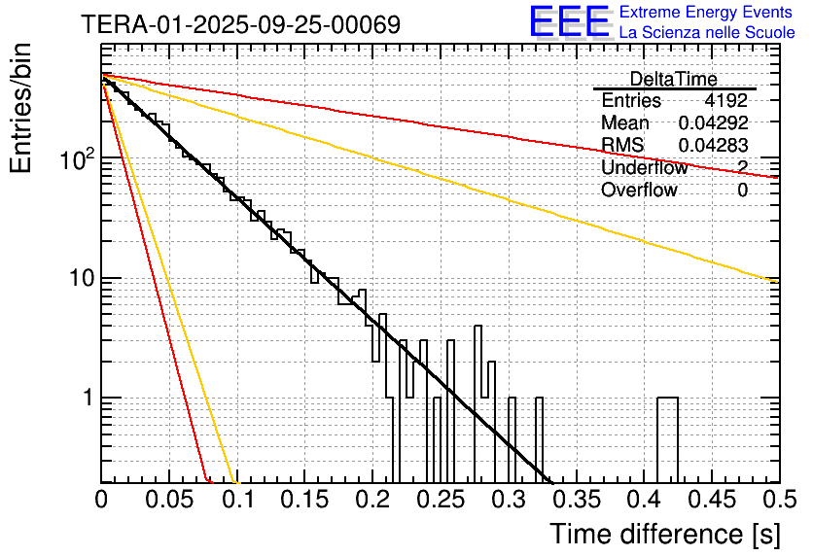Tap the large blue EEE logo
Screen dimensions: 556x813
pos(569,23)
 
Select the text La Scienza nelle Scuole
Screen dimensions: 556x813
pos(707,33)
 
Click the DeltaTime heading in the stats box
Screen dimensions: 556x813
pos(673,79)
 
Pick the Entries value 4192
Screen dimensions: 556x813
pos(726,100)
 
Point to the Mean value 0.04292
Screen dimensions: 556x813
pos(713,123)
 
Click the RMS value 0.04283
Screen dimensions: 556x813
pos(713,146)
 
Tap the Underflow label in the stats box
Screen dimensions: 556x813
pos(644,168)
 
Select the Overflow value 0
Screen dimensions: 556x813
pos(742,191)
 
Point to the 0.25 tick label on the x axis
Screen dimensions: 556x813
pos(441,500)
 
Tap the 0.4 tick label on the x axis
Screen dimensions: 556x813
pos(644,500)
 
